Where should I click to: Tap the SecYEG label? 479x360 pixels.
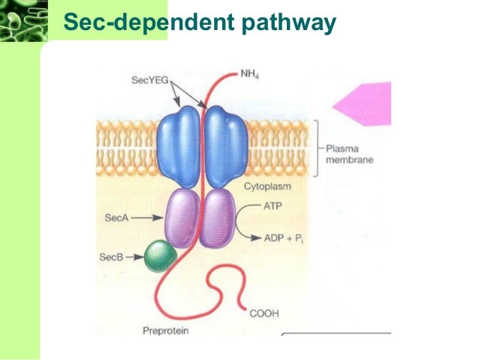coord(149,78)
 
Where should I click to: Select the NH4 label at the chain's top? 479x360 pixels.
coord(251,74)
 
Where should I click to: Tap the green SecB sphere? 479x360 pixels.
coord(160,256)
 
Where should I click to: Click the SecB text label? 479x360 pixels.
coord(110,257)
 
